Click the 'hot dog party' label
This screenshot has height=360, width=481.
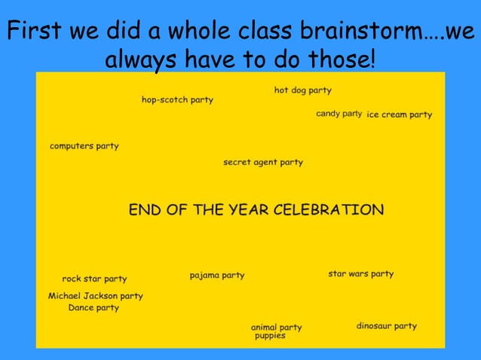302,90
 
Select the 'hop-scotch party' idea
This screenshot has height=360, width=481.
177,100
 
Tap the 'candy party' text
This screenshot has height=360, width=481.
339,114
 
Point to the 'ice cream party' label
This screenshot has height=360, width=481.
399,114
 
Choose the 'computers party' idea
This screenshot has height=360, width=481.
84,146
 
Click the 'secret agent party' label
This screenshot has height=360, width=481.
262,162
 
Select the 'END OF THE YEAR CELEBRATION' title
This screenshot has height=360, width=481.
256,209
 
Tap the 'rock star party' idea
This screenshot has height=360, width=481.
94,279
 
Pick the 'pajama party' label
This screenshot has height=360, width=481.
217,276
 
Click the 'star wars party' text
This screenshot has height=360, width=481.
360,273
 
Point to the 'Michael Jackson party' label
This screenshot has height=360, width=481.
95,296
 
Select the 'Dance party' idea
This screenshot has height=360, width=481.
93,307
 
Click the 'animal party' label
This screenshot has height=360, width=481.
276,327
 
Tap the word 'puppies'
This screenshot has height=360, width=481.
270,336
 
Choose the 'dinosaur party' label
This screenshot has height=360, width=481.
386,326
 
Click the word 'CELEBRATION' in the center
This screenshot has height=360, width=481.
328,209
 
